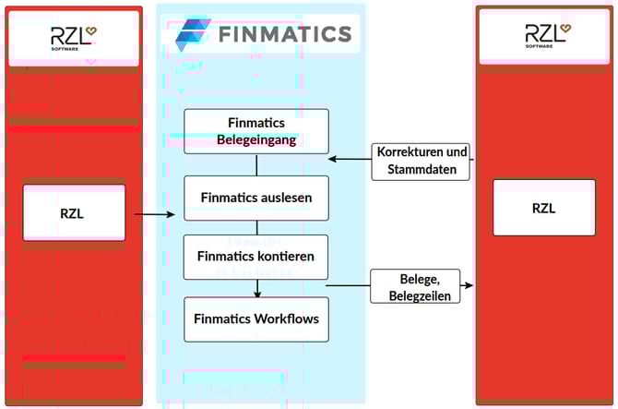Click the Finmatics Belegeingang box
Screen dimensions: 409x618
tap(256, 131)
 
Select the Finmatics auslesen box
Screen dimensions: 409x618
tap(256, 198)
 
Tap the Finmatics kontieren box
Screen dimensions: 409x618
tap(256, 257)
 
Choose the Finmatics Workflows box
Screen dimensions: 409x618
tap(256, 319)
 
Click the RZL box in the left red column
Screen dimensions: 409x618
tap(74, 212)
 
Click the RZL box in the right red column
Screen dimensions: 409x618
tap(543, 208)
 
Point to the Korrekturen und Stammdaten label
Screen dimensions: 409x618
tap(422, 160)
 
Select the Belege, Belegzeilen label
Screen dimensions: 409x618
tap(415, 286)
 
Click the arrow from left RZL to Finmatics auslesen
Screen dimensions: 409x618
tap(154, 215)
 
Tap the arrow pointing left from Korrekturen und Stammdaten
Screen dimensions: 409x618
tap(351, 160)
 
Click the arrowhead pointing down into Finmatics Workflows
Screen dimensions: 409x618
tap(257, 293)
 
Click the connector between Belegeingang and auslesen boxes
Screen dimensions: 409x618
tap(257, 164)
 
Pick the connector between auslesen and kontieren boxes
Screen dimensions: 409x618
tap(257, 227)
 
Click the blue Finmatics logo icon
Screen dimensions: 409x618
tap(193, 35)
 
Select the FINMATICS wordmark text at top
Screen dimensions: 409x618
tap(285, 35)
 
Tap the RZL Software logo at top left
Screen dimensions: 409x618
tap(74, 38)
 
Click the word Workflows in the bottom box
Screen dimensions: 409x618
tap(286, 319)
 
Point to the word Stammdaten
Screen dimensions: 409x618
tap(422, 168)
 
